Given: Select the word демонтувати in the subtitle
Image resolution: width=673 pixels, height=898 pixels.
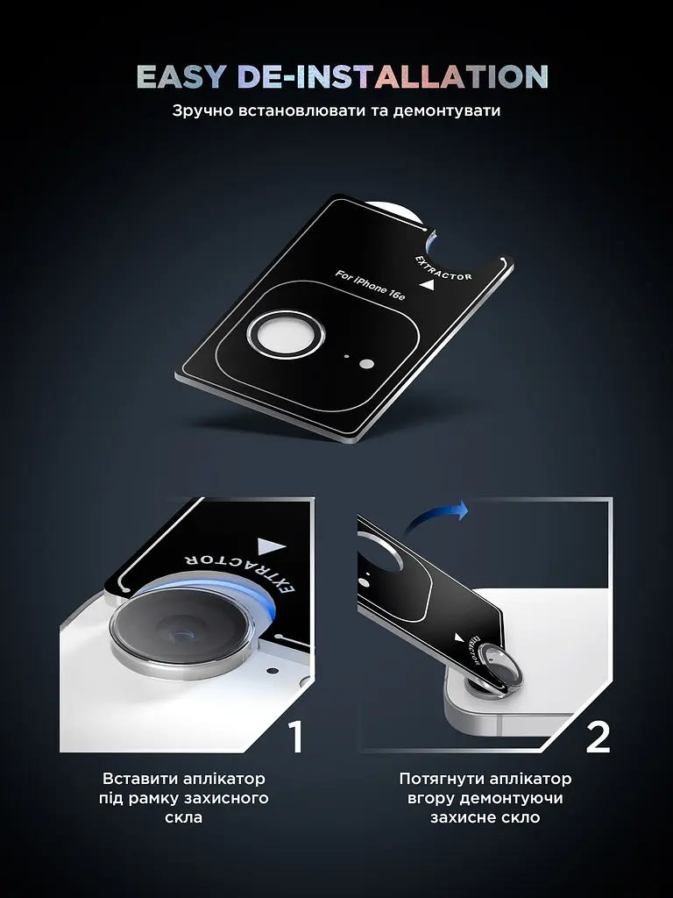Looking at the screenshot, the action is tap(446, 110).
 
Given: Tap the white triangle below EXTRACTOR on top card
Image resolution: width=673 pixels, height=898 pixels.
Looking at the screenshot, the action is tap(427, 286).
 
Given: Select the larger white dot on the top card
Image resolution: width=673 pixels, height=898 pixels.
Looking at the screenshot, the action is tap(366, 364).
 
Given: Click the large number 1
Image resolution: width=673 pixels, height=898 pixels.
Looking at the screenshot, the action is tap(296, 737).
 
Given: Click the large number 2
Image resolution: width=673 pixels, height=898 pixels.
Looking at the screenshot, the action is tap(598, 737).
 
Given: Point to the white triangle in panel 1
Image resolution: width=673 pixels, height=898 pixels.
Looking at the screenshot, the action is tap(271, 546).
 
